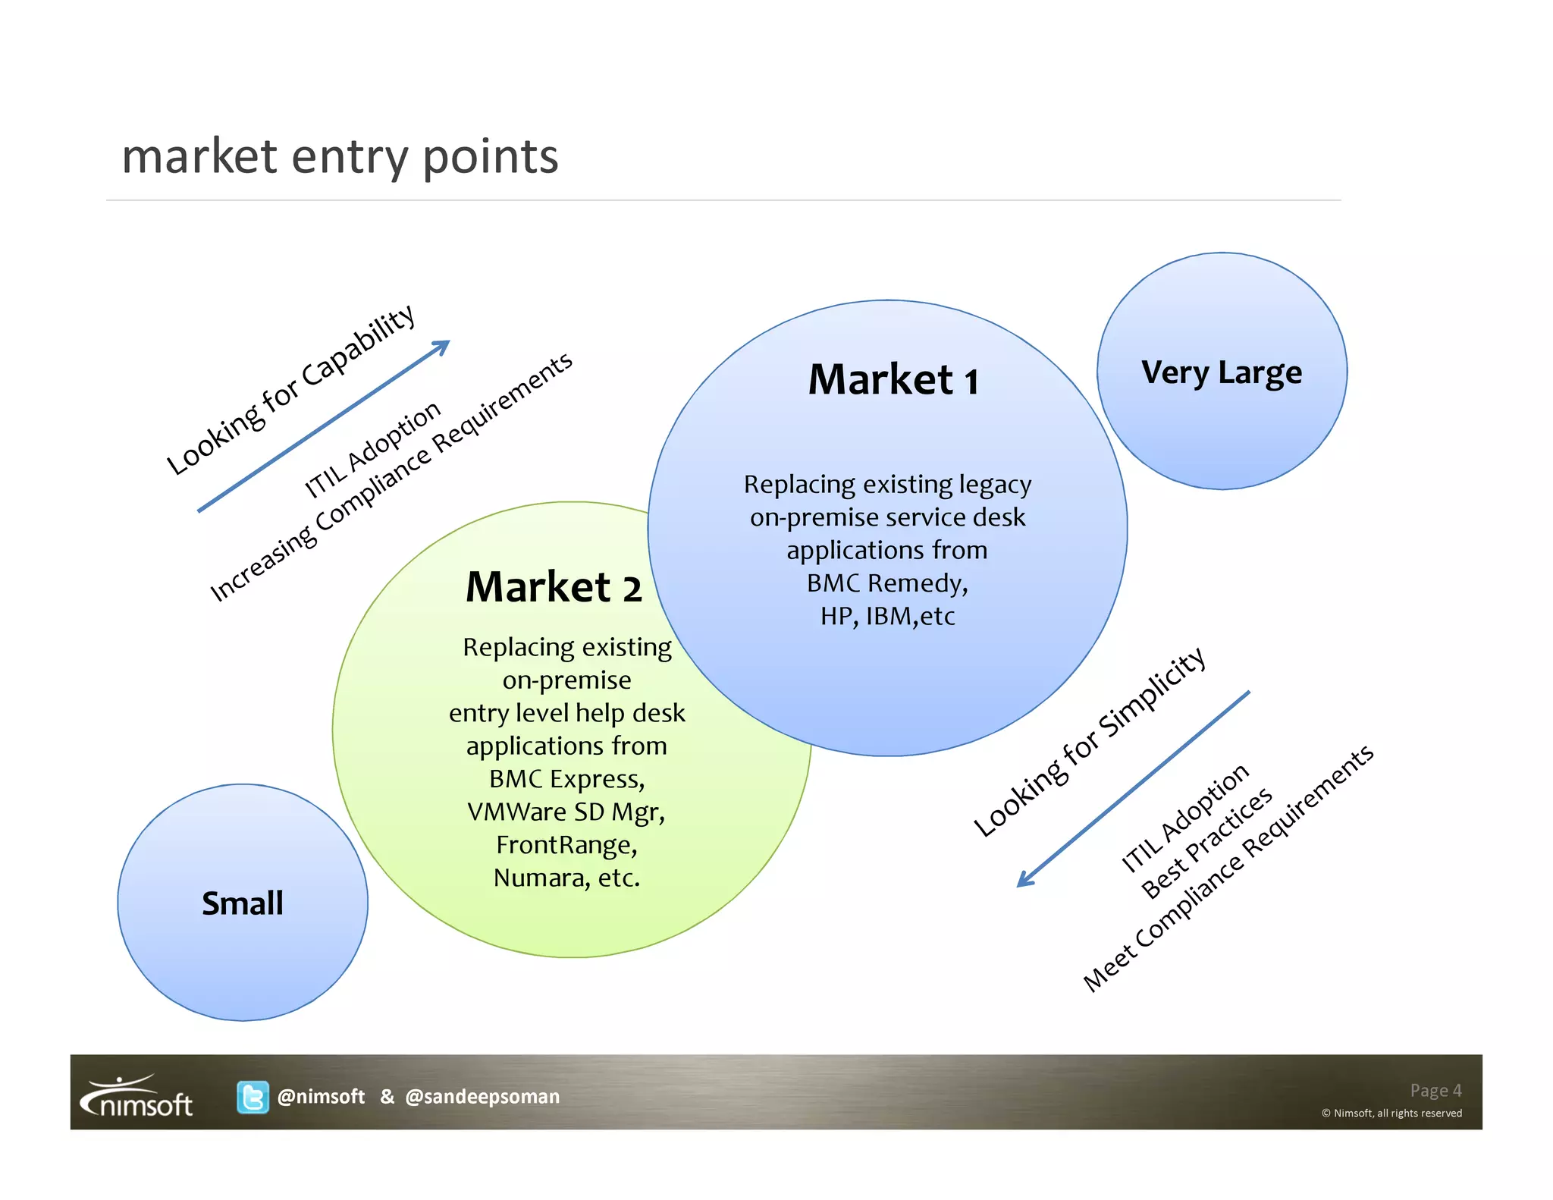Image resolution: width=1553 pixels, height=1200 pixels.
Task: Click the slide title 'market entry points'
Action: tap(340, 156)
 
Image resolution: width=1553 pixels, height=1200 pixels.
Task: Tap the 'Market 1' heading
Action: tap(893, 379)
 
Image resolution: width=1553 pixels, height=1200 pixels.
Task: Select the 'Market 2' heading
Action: tap(554, 587)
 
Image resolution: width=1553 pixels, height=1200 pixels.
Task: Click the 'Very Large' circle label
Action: tap(1221, 372)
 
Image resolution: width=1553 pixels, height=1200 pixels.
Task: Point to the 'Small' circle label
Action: tap(243, 903)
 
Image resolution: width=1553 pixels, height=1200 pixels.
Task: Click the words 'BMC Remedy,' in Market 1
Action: tap(887, 583)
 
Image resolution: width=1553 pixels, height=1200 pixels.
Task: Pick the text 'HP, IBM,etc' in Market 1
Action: tap(887, 616)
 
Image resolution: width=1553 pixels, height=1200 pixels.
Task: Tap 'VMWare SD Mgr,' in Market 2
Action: tap(566, 812)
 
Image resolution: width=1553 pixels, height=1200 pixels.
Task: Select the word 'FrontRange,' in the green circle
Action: tap(566, 844)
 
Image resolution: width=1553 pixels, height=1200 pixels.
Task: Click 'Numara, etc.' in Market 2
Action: tap(566, 878)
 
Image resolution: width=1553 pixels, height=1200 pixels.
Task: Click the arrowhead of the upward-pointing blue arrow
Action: tap(442, 346)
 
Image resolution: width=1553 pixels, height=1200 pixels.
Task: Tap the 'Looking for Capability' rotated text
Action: tap(290, 390)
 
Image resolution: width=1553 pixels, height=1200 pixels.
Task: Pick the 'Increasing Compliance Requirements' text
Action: tap(391, 477)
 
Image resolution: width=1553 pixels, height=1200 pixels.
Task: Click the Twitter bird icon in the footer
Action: tap(253, 1097)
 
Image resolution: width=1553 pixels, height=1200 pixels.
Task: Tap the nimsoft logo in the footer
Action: tap(137, 1097)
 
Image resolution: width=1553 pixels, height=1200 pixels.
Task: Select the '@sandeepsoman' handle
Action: tap(482, 1097)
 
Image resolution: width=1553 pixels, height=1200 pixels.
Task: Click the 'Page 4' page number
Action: tap(1435, 1090)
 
